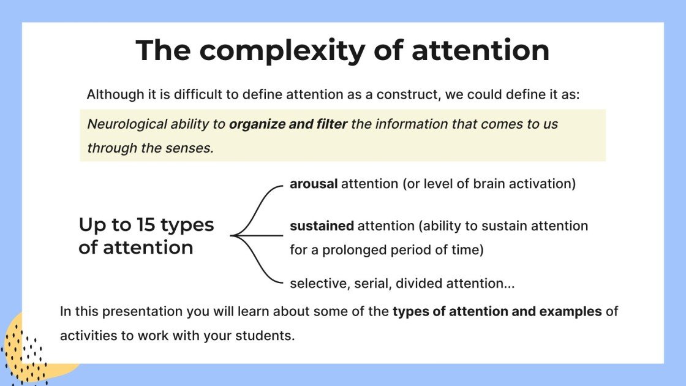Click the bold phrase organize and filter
click(288, 124)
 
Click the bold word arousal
click(314, 184)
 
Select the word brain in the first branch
click(473, 184)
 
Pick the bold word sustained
click(322, 226)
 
